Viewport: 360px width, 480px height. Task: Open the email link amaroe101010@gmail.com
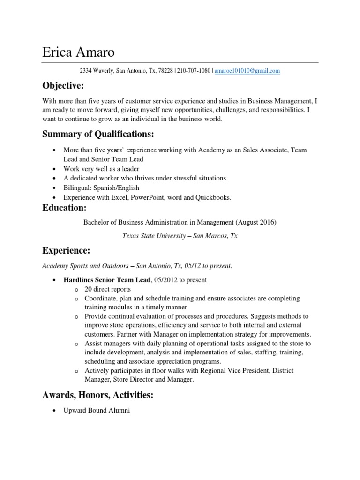pos(247,71)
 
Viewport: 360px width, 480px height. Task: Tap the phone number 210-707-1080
pos(195,71)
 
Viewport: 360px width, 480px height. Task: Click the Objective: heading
pos(63,86)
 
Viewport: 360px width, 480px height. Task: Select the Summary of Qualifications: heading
pos(98,135)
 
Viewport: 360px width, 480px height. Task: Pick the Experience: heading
pos(66,251)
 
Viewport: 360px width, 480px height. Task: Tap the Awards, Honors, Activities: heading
pos(97,395)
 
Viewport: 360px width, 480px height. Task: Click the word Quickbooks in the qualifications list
pos(214,197)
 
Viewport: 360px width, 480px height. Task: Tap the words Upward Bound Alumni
pos(96,411)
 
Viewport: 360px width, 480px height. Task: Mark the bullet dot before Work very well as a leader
pos(55,169)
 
